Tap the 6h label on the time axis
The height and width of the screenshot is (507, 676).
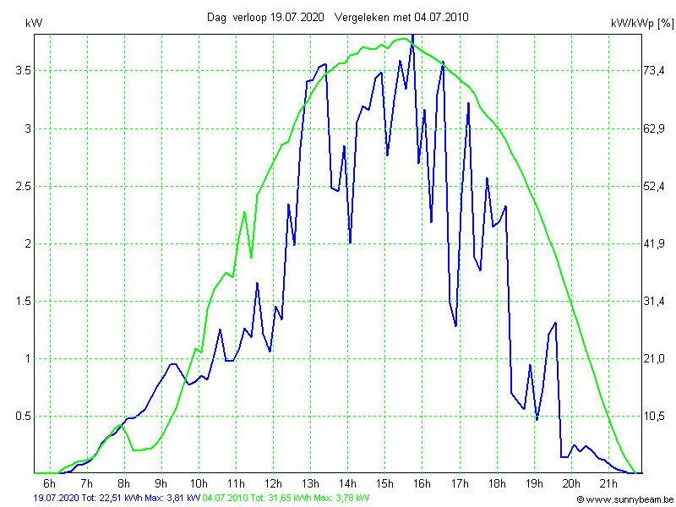click(50, 483)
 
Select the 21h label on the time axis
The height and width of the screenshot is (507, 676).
click(608, 483)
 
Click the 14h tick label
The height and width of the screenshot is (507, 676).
click(347, 483)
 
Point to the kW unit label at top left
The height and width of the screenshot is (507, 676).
click(35, 24)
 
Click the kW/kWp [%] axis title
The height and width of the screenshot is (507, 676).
click(641, 24)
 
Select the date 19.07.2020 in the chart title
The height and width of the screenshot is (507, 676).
click(297, 17)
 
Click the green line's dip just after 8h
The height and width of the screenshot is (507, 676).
click(135, 450)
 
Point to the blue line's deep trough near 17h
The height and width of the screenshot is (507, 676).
click(455, 325)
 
